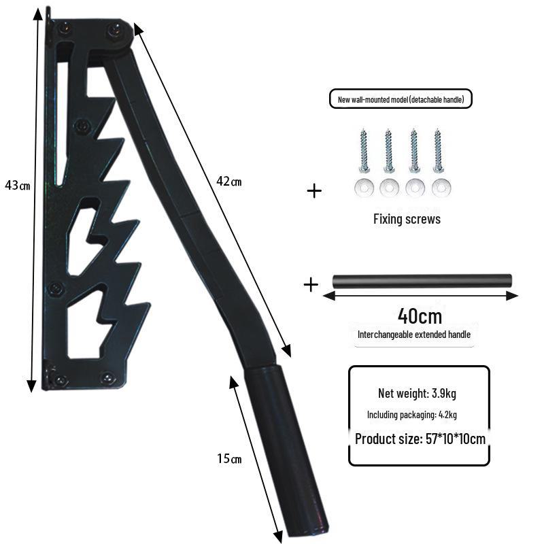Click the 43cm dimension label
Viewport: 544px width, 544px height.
(x=18, y=185)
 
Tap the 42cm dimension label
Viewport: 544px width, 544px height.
(x=228, y=181)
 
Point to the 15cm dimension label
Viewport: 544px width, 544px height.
(x=229, y=458)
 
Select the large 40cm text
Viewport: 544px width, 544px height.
(x=420, y=316)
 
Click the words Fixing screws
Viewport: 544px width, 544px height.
(x=407, y=219)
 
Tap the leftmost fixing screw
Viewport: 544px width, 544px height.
(x=363, y=150)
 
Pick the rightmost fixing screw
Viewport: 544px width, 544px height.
(x=438, y=150)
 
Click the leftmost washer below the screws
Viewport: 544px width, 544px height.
(x=364, y=188)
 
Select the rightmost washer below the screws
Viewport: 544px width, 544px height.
(x=441, y=188)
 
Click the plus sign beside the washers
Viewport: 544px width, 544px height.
(x=314, y=191)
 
